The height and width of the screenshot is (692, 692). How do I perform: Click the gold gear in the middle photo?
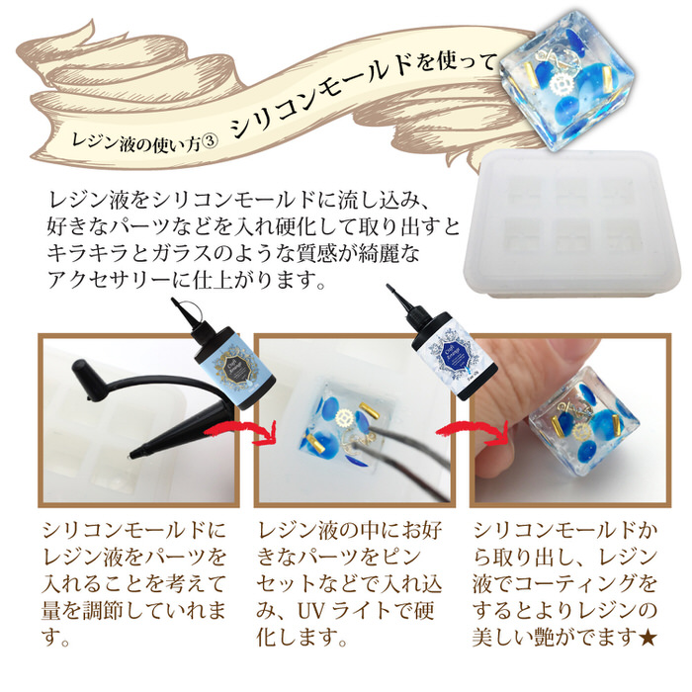tap(343, 417)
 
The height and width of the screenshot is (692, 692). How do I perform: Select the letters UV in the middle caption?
tap(311, 612)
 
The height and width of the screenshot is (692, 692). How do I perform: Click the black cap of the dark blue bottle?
tap(414, 310)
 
